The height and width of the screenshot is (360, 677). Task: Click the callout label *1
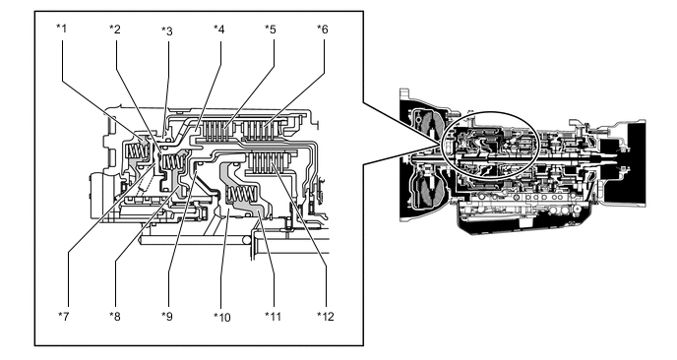[62, 29]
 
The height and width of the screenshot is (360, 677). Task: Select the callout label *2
[115, 30]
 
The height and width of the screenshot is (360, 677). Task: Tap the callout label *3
[167, 31]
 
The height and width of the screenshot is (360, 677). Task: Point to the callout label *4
[219, 30]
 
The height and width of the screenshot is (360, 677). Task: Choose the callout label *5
[271, 30]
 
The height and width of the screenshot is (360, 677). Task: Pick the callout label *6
[323, 30]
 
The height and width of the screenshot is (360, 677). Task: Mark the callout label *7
[63, 317]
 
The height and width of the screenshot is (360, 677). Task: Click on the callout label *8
[115, 317]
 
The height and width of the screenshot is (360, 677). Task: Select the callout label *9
[167, 317]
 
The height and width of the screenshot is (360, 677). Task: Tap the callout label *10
[222, 318]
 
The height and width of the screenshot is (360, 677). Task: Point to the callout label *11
[273, 317]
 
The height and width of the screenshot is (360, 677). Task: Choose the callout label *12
[326, 317]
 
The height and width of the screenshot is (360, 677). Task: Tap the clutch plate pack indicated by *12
[268, 161]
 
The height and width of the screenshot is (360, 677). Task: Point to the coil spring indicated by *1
[137, 150]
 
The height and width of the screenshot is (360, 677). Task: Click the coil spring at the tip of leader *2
[173, 162]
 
